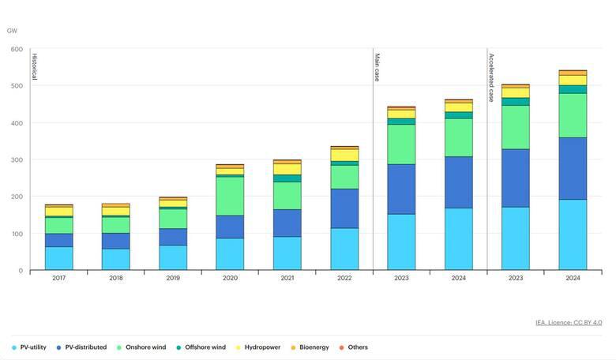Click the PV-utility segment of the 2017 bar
(x=59, y=258)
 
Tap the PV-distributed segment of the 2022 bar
(x=344, y=208)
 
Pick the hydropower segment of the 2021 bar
(x=287, y=169)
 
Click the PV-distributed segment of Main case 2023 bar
(x=401, y=189)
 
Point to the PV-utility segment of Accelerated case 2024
(x=573, y=234)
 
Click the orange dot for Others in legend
(x=341, y=347)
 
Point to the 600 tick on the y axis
(x=16, y=49)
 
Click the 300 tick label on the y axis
(x=16, y=159)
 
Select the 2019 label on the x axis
(x=173, y=278)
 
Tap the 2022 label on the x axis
(x=344, y=278)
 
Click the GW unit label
(x=12, y=31)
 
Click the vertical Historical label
(x=34, y=66)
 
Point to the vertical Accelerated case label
(x=491, y=78)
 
